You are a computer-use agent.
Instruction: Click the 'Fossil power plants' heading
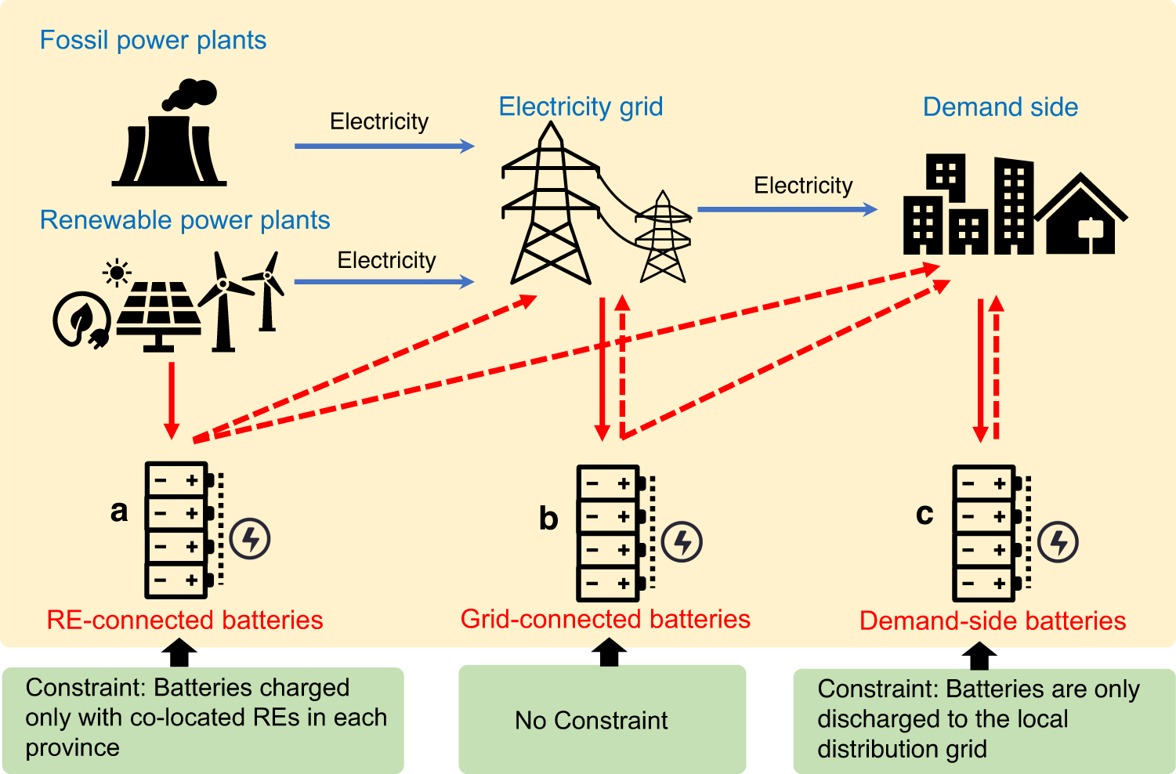153,40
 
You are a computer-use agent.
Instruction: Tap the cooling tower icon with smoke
170,135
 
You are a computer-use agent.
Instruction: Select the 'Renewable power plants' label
185,220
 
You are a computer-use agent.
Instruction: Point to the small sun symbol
118,273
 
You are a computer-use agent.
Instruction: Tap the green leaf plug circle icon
81,320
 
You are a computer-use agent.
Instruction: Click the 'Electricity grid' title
581,107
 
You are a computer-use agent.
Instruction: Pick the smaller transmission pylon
663,237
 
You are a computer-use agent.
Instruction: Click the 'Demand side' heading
1000,107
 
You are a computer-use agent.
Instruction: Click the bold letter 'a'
119,511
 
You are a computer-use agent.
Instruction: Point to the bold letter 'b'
548,519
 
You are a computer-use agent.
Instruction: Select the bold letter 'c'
925,514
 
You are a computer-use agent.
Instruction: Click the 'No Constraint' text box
602,719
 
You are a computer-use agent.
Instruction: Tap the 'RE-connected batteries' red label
185,620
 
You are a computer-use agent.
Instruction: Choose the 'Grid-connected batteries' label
605,619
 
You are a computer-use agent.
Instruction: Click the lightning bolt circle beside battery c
1058,542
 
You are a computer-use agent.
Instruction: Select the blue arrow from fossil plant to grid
384,146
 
